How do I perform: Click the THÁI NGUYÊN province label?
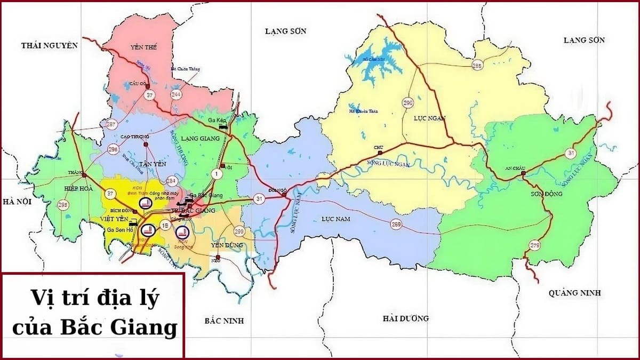point(50,45)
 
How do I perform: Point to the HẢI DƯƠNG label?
point(405,318)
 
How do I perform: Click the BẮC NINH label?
point(223,321)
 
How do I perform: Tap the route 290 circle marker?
point(408,102)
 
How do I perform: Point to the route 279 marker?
point(535,245)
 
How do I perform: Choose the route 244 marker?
point(176,94)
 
